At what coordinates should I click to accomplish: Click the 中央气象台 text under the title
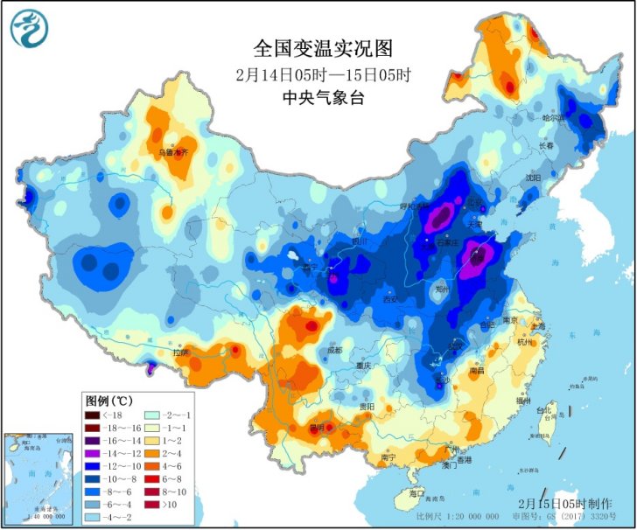click(x=318, y=97)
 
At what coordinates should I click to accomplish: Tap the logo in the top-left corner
click(x=29, y=28)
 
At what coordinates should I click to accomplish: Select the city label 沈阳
click(x=533, y=177)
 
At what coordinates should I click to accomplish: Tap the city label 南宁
click(x=389, y=457)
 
